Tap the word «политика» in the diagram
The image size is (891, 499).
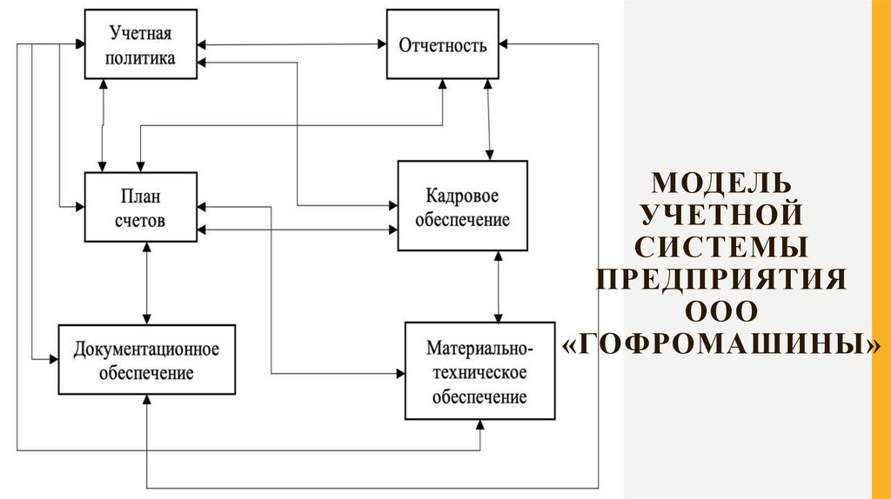pos(140,57)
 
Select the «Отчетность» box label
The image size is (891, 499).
pos(442,45)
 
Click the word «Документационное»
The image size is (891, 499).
pos(145,349)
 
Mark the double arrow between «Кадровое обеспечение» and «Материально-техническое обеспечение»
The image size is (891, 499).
pos(498,286)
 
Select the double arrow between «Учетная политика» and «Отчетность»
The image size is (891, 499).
pos(292,44)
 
